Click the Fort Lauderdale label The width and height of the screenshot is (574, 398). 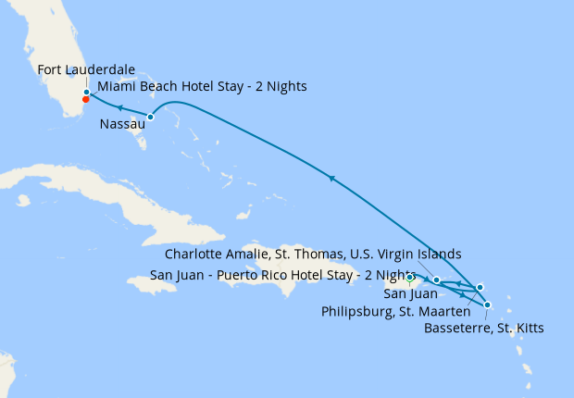[86, 70]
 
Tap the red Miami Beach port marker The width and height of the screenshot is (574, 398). [86, 99]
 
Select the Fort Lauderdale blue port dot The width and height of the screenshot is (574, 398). [86, 92]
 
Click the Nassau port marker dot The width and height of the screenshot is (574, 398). [150, 117]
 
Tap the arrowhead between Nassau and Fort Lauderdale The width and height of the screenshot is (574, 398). [119, 108]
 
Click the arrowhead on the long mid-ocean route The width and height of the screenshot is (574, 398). [331, 177]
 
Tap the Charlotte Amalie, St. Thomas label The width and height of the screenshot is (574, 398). [312, 254]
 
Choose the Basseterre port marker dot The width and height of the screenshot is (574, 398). [488, 305]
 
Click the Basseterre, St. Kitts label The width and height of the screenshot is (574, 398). [482, 328]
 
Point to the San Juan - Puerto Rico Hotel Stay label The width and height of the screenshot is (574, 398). [282, 275]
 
